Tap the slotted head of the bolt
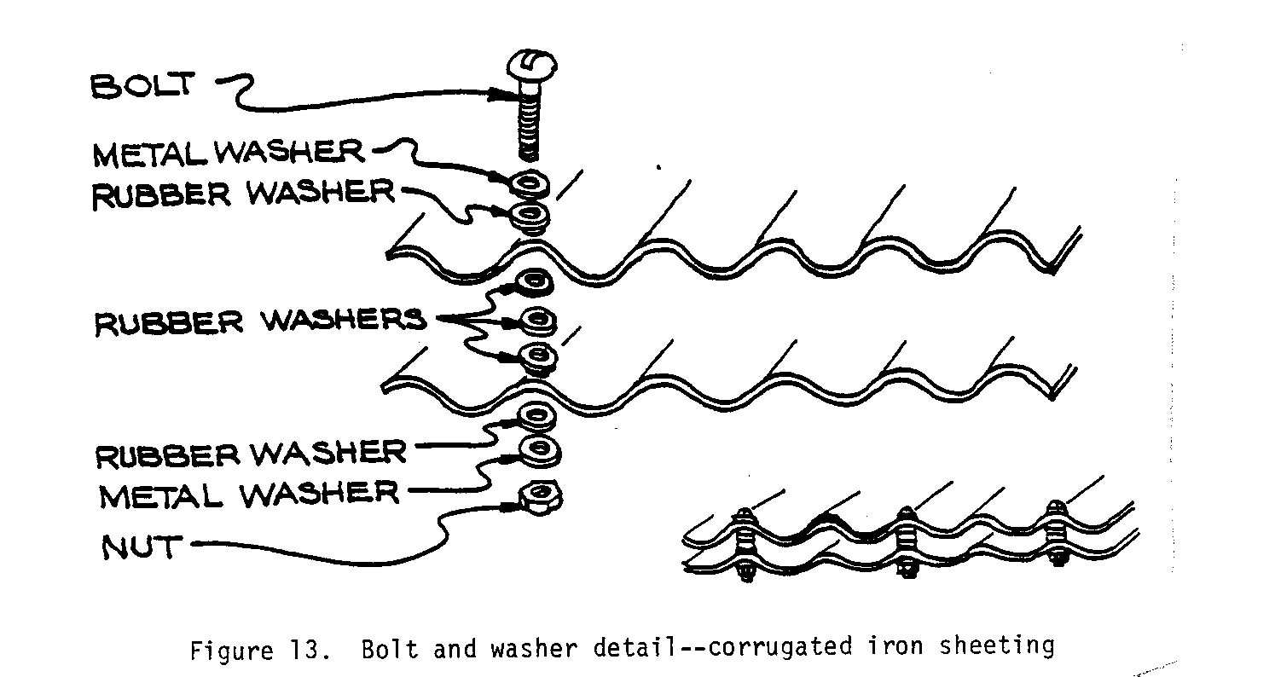[533, 67]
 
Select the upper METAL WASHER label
[228, 153]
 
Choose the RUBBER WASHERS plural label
[259, 321]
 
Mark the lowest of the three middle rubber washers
[539, 356]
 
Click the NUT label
[140, 547]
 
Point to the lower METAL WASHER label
[248, 495]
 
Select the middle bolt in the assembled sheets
[907, 546]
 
